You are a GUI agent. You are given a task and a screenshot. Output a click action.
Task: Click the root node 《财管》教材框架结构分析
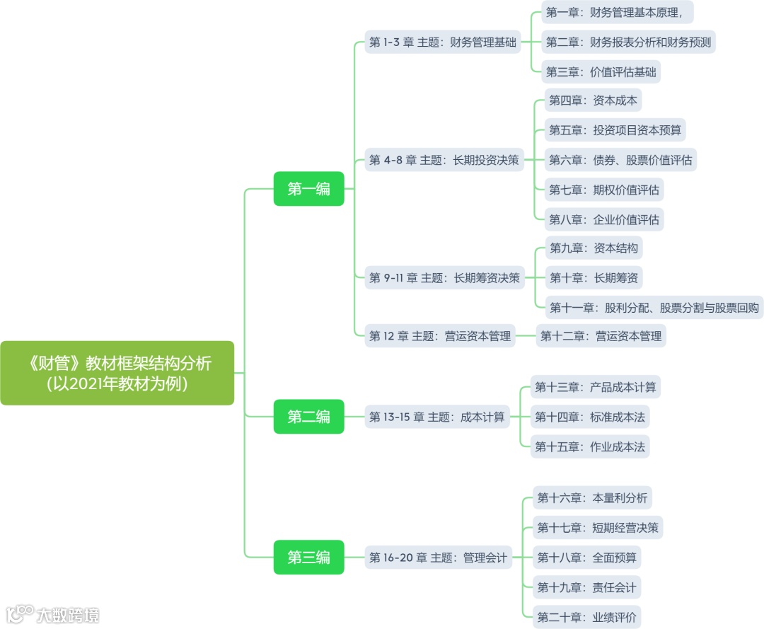117,373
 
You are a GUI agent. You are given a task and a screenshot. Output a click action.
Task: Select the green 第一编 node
308,189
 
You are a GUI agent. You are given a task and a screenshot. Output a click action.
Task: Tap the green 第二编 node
308,417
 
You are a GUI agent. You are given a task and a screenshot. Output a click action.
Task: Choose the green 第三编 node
308,558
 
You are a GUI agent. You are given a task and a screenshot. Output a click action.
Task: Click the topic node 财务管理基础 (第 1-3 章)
442,42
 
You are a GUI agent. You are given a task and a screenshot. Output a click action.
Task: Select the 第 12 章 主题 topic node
439,336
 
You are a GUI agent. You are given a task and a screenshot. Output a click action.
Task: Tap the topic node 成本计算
436,417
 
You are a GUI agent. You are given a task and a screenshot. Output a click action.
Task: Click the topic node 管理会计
438,558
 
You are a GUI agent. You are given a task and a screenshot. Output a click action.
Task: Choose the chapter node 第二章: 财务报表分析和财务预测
628,42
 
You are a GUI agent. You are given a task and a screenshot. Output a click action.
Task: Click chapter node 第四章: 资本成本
593,100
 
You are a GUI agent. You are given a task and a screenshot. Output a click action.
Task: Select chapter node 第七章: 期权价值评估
604,190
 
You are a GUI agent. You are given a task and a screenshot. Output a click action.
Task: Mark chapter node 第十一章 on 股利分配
654,308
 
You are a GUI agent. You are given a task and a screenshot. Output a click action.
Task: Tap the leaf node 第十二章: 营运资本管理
601,336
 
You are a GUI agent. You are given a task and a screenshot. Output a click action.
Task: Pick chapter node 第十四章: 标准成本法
589,417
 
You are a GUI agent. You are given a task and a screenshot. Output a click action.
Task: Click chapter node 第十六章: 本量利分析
591,498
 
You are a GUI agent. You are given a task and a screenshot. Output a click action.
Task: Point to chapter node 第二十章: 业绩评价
586,617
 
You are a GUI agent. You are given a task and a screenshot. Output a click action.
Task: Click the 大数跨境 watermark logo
53,613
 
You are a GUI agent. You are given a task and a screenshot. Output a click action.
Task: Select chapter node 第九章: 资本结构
594,248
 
